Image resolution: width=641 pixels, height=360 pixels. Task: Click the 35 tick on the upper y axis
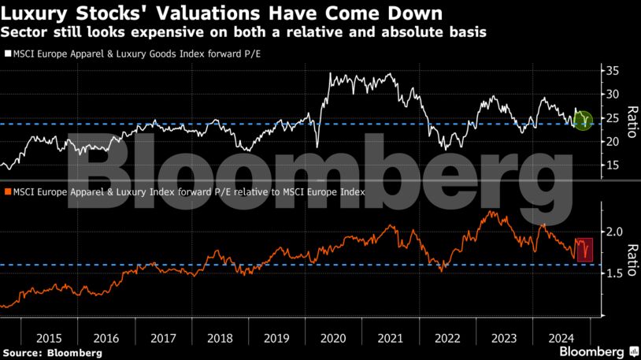611,71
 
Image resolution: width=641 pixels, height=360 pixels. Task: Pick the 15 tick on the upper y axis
611,165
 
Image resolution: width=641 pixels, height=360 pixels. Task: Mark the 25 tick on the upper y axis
611,117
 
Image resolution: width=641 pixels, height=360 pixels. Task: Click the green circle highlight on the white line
583,121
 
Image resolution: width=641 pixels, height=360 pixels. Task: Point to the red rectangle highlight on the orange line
584,249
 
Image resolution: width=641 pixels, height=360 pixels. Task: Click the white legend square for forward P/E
6,54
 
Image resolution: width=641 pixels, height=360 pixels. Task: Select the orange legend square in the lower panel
6,191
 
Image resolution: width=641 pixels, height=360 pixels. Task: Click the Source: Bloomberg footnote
52,353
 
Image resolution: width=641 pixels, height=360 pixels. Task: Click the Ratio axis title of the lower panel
630,252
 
